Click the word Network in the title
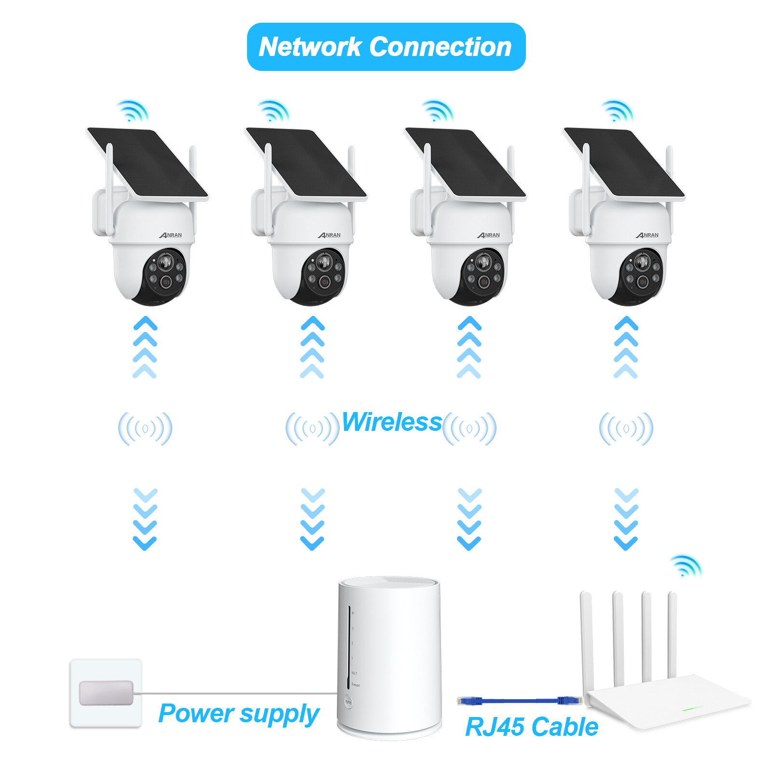310,47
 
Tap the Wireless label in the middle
391,422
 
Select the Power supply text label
238,714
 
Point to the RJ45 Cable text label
531,727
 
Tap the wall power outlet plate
106,693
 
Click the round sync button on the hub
348,702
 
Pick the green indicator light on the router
693,709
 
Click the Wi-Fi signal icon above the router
685,566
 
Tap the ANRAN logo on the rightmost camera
647,235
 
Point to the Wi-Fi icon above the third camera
437,111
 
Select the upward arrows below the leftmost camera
145,347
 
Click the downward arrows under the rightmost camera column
626,519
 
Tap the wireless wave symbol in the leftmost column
145,428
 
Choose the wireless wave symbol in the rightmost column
626,428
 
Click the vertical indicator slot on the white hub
348,647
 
